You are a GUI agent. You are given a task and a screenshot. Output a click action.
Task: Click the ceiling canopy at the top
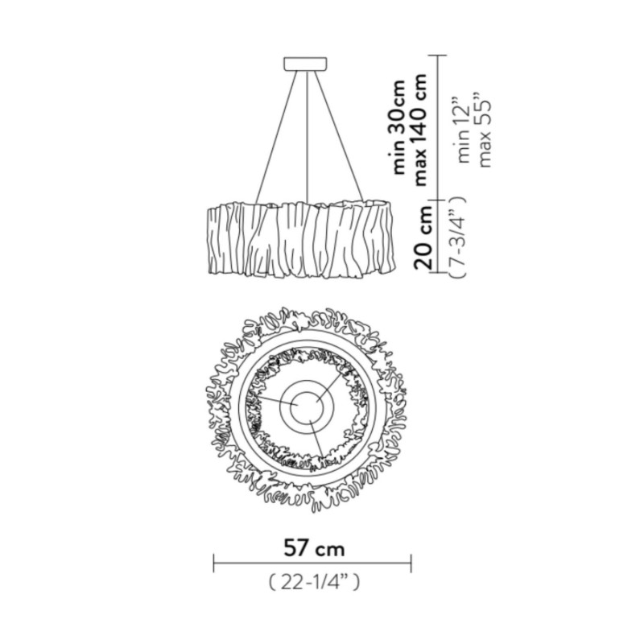(x=306, y=64)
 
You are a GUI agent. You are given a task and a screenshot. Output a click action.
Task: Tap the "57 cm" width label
(x=314, y=549)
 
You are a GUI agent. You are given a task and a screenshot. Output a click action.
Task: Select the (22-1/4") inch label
(x=314, y=582)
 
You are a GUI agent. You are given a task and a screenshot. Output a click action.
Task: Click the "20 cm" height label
(x=423, y=237)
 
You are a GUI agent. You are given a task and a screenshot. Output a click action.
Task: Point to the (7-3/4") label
(x=458, y=237)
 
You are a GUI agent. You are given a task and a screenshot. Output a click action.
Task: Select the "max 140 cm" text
(x=420, y=130)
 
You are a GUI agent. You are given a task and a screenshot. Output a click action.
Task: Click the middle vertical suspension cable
(x=308, y=136)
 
